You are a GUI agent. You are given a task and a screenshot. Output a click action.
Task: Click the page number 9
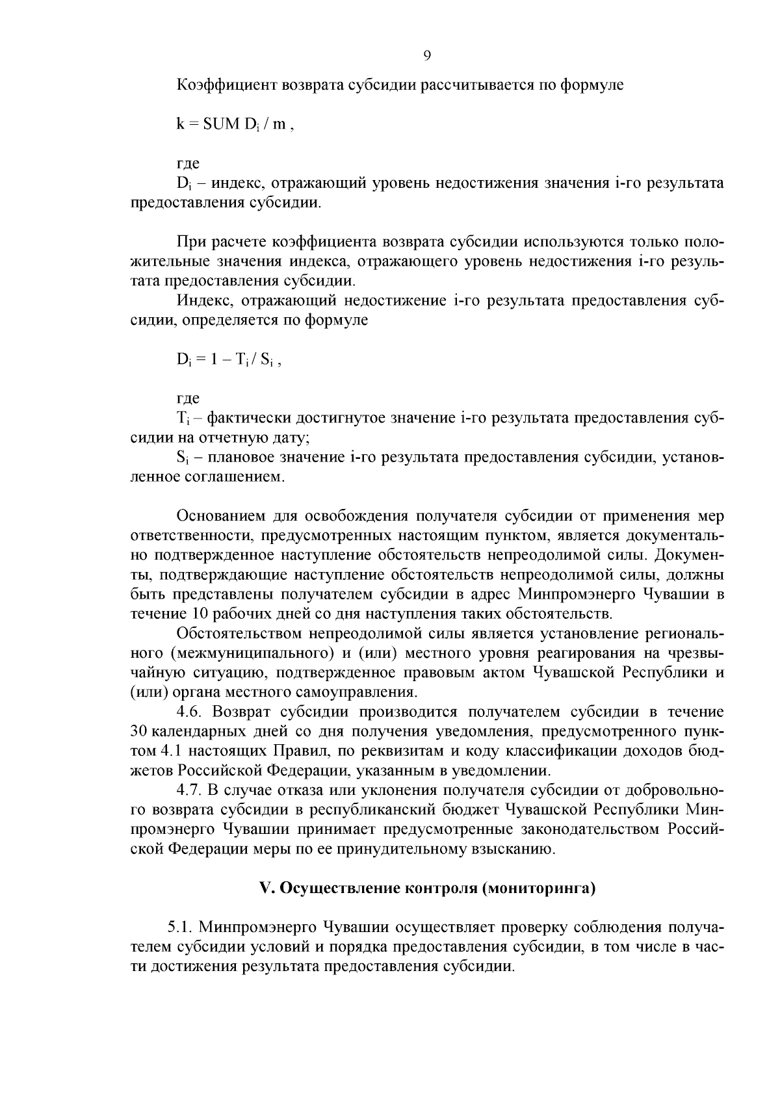click(x=426, y=56)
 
